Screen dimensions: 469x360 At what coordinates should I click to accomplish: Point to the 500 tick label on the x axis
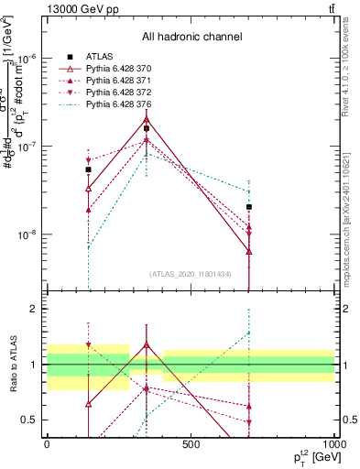coord(191,444)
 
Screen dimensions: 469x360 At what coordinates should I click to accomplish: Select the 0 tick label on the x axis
coord(47,444)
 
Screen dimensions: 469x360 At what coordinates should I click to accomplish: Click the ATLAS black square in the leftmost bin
coord(88,169)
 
